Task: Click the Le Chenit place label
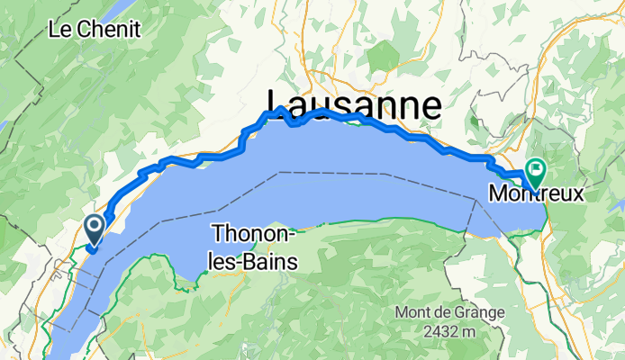(x=95, y=29)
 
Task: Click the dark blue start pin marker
(x=93, y=228)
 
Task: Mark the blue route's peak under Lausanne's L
(x=280, y=109)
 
